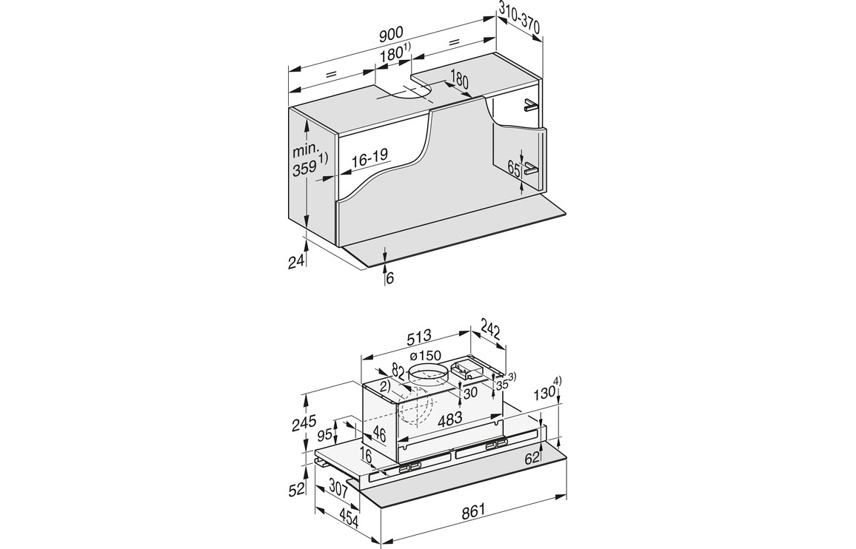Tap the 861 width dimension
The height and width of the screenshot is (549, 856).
click(473, 510)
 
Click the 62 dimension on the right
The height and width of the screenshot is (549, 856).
click(532, 458)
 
